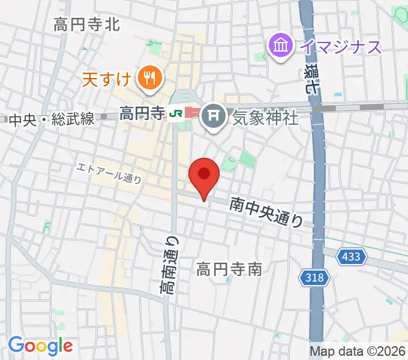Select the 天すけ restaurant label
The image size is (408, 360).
tap(106, 79)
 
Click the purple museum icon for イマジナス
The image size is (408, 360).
tap(281, 45)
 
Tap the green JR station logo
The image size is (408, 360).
tap(175, 113)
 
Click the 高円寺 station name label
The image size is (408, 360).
tap(142, 112)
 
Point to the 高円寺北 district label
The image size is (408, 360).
tap(87, 25)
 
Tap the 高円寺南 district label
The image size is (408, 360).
tap(229, 269)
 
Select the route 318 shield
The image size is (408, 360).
tap(313, 277)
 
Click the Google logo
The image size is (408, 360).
tap(40, 346)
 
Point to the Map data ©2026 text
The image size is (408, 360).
tap(358, 351)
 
